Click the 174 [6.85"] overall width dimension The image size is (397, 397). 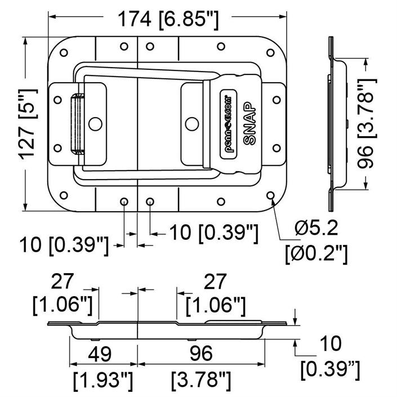pyautogui.click(x=168, y=20)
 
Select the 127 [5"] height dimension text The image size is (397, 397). pyautogui.click(x=28, y=124)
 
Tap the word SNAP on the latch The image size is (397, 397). pyautogui.click(x=250, y=123)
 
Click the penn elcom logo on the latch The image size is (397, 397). pyautogui.click(x=227, y=123)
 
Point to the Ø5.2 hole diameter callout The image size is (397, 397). pyautogui.click(x=316, y=228)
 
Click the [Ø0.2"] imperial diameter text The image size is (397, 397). pyautogui.click(x=316, y=254)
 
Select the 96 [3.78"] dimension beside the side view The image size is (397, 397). pyautogui.click(x=367, y=124)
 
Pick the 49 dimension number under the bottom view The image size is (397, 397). pyautogui.click(x=99, y=354)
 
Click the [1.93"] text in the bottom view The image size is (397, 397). pyautogui.click(x=103, y=381)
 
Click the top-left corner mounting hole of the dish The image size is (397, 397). pyautogui.click(x=64, y=53)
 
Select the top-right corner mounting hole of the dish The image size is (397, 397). pyautogui.click(x=270, y=53)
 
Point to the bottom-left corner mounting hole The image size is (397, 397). pyautogui.click(x=64, y=195)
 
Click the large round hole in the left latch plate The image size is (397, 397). pyautogui.click(x=96, y=124)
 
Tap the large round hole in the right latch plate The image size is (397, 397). pyautogui.click(x=192, y=124)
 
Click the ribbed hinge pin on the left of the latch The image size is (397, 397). pyautogui.click(x=77, y=124)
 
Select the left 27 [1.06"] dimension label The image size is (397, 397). pyautogui.click(x=63, y=294)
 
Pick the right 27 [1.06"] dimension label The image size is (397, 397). pyautogui.click(x=215, y=294)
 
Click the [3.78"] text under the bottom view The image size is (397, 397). pyautogui.click(x=201, y=381)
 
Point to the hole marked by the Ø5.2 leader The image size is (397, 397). pyautogui.click(x=270, y=195)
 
